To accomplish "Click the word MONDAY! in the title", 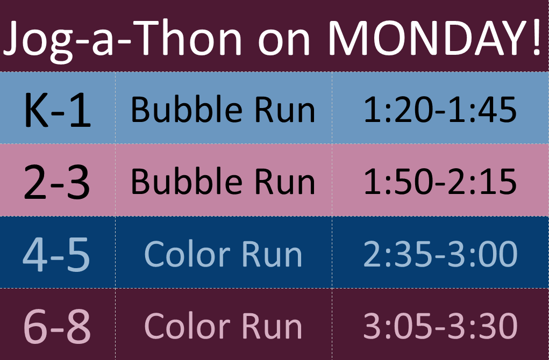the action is tap(435, 38).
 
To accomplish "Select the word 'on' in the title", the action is tap(284, 42).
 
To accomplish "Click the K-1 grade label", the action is tap(58, 110).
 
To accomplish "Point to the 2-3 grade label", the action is tap(57, 182).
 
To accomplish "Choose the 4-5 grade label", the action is tap(56, 254).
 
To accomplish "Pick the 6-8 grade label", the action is tap(57, 327).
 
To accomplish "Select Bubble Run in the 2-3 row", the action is tap(223, 181).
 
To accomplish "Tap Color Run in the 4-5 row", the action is tap(223, 254).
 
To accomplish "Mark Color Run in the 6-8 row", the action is tap(223, 326).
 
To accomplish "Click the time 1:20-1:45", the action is tap(440, 110).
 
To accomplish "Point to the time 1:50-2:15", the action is tap(440, 182).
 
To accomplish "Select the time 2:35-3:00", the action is tap(440, 254).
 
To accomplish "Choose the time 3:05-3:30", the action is tap(440, 326).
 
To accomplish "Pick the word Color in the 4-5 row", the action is tap(187, 254).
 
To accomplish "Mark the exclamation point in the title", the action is tap(537, 38).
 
